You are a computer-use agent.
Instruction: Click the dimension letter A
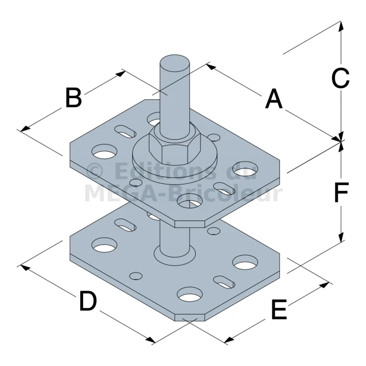pos(274,99)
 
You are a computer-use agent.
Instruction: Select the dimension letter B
pos(74,97)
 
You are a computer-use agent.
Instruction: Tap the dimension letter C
pos(341,79)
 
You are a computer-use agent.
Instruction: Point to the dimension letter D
pos(88,300)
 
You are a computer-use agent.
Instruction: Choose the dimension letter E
pos(279,309)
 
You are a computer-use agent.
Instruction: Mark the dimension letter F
pos(341,192)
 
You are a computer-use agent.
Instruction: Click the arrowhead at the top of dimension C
pos(341,25)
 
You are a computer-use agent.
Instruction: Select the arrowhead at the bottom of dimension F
pos(341,237)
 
